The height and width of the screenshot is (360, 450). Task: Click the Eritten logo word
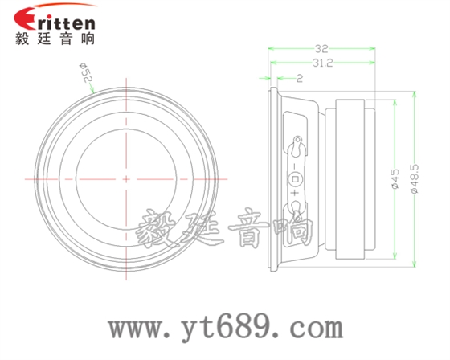[56, 20]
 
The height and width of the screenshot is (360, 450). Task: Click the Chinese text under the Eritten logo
[55, 39]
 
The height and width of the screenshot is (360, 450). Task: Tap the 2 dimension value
[299, 78]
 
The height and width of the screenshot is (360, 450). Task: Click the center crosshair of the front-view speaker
[125, 178]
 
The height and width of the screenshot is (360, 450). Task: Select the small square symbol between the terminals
[295, 178]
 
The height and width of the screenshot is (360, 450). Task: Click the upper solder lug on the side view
[297, 145]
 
